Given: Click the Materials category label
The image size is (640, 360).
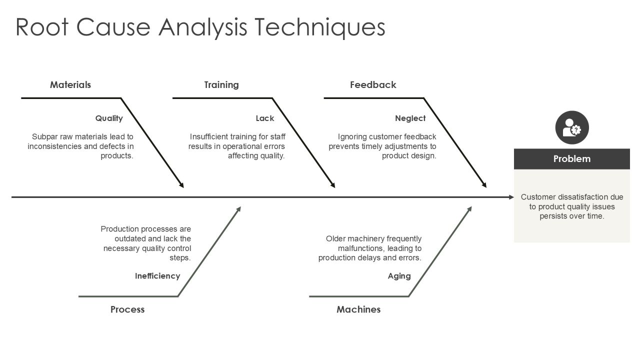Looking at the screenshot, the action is [70, 85].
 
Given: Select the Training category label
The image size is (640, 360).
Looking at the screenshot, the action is [221, 85].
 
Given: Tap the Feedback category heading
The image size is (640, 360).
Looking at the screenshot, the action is [373, 85].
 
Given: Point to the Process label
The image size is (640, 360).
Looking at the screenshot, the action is [127, 309].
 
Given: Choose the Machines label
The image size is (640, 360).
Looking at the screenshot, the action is [358, 309].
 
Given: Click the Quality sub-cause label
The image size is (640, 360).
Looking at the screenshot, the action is [109, 118].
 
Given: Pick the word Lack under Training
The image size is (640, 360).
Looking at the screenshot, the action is [265, 118].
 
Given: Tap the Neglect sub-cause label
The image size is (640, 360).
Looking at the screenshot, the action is [410, 118].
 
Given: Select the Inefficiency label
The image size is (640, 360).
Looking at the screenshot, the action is [157, 276].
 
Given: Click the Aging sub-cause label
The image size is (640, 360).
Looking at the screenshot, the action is [399, 276].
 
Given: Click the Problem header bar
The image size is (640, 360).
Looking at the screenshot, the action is [571, 159].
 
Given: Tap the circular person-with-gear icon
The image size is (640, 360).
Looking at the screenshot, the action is [572, 127].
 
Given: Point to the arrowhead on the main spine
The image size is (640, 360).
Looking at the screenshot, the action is [511, 197].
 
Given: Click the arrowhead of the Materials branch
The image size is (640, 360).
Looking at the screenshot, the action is [181, 185].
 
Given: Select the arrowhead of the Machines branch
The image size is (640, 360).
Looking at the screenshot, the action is [469, 209].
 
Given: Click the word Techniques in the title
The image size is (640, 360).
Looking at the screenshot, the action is [319, 27].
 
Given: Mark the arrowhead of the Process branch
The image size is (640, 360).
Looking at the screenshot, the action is [238, 209].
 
